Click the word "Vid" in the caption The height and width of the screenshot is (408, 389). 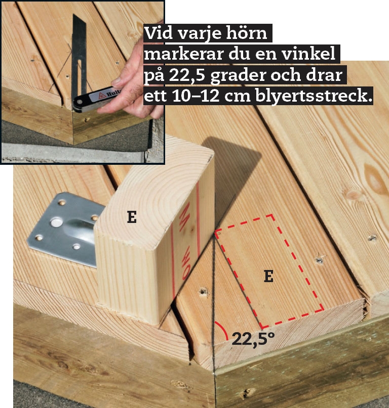pos(158,33)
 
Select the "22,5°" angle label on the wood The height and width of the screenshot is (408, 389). pos(253,339)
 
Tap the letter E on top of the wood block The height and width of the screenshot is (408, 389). pos(132,217)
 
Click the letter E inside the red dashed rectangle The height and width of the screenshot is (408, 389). pos(269,277)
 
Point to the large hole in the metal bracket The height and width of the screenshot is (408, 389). pos(57,223)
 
